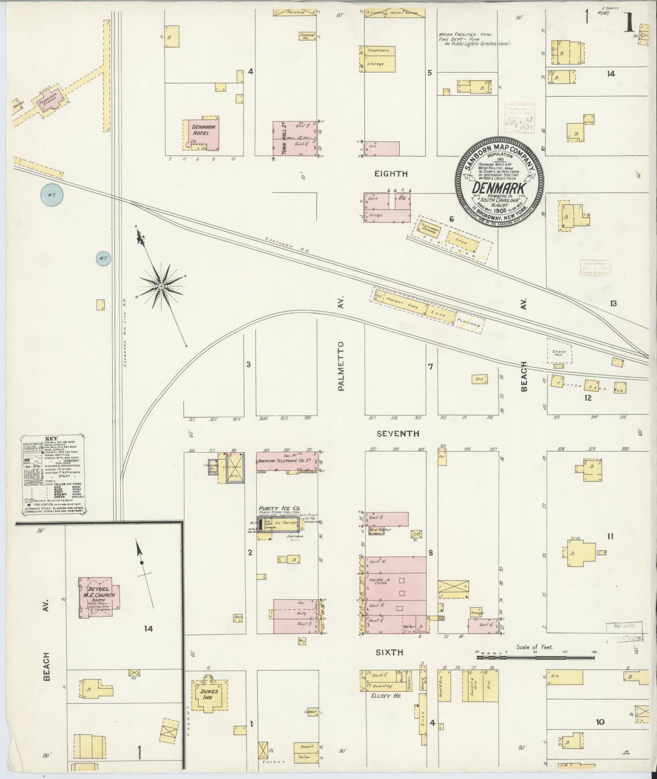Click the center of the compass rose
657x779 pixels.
(161, 286)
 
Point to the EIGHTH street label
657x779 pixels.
(391, 174)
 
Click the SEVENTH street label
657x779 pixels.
(398, 434)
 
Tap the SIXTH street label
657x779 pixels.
(389, 652)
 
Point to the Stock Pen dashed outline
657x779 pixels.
(559, 351)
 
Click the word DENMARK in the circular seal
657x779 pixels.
(499, 187)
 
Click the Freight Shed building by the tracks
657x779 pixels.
(400, 302)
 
